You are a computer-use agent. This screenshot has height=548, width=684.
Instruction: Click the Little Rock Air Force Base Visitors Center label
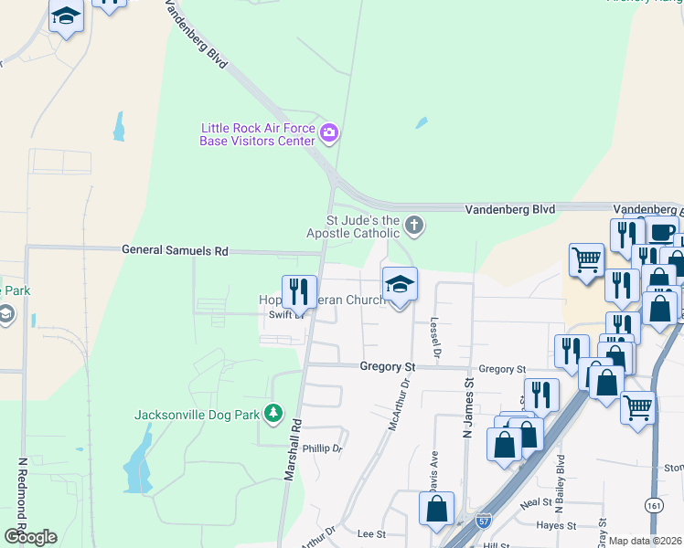258,134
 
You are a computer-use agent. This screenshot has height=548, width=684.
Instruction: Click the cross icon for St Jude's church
414,225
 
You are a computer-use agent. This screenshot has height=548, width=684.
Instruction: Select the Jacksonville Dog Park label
198,414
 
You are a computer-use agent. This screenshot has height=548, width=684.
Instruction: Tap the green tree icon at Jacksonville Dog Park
273,414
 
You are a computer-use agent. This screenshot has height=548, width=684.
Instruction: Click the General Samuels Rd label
176,250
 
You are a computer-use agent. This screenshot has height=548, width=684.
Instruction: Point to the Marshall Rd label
294,451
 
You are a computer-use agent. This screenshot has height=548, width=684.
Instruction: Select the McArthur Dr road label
396,410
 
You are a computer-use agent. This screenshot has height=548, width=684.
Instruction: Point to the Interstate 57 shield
483,519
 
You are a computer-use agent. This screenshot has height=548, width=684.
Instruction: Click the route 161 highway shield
653,505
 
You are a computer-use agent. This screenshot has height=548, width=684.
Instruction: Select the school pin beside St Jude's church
400,284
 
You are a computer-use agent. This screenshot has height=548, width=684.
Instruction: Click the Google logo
30,536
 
